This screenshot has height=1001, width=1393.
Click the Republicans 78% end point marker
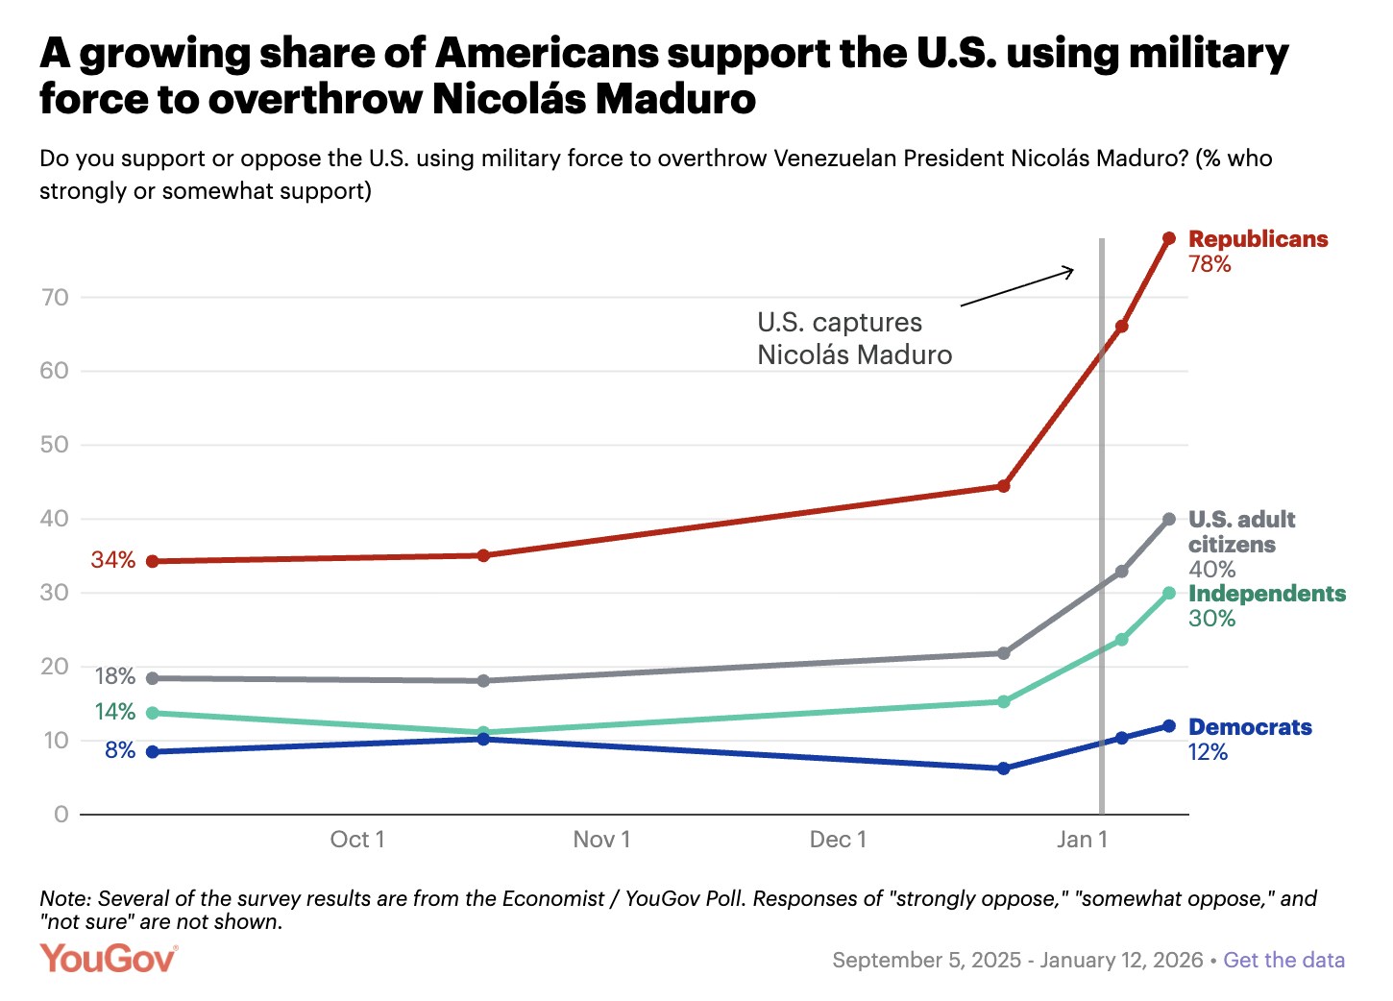click(1169, 238)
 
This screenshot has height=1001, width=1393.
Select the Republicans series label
click(1258, 239)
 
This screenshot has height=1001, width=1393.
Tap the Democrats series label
click(1250, 727)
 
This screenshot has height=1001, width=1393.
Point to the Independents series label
click(1266, 594)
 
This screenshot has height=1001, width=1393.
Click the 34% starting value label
click(113, 560)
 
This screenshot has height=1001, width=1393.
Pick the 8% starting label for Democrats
click(120, 750)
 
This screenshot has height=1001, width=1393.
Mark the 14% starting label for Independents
click(115, 712)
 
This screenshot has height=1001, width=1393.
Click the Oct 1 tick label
click(357, 840)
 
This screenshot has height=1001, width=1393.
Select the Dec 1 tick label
click(838, 840)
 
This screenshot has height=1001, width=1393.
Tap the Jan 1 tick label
click(1082, 840)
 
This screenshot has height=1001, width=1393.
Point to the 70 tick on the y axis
click(55, 298)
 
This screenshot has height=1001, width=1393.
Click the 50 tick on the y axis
click(55, 445)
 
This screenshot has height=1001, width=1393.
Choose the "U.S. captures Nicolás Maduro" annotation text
click(854, 338)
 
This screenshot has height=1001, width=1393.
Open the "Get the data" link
click(1283, 961)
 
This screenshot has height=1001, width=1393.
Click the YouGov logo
click(109, 959)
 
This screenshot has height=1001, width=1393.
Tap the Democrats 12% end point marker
click(1169, 726)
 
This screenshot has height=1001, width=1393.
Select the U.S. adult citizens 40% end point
click(1169, 520)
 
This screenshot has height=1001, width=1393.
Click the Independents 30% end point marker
click(1169, 594)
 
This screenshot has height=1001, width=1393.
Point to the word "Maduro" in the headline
click(675, 99)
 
